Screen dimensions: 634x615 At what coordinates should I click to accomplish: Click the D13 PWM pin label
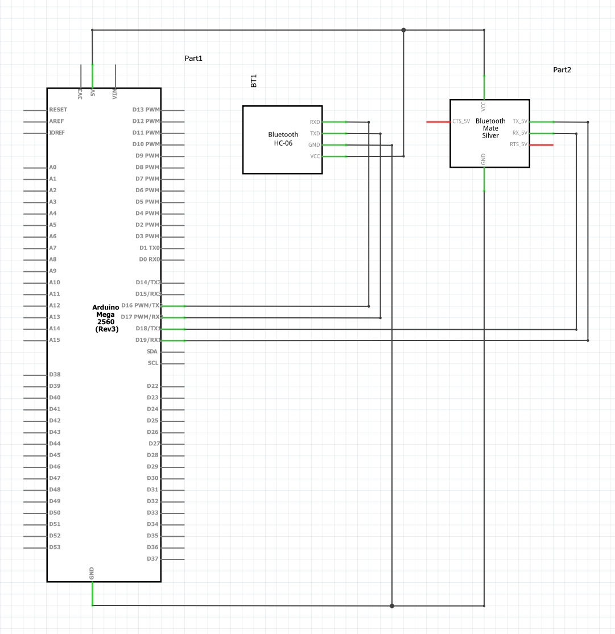click(x=146, y=110)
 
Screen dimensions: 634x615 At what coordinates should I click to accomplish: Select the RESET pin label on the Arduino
click(x=58, y=110)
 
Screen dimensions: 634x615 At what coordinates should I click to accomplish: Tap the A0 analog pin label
click(x=53, y=167)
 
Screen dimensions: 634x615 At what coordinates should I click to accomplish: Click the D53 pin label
click(x=55, y=547)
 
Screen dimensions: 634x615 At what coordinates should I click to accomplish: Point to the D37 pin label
click(x=152, y=558)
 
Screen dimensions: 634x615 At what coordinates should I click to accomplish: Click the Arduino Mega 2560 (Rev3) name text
click(x=105, y=318)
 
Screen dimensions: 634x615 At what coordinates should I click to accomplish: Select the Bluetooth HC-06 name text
click(x=283, y=139)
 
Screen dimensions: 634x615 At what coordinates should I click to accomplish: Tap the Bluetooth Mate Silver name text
click(x=490, y=129)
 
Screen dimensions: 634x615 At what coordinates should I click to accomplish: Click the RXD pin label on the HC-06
click(x=315, y=122)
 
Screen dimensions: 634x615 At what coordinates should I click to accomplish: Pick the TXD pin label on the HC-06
click(x=315, y=134)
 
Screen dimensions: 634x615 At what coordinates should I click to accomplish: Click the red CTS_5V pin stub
click(x=438, y=122)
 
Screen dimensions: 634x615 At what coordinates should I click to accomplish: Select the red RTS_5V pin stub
click(x=541, y=145)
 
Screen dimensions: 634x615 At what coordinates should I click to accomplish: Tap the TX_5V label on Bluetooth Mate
click(x=520, y=121)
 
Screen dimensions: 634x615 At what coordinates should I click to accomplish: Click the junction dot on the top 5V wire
click(x=403, y=30)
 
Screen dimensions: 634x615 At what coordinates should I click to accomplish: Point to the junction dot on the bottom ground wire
click(x=392, y=606)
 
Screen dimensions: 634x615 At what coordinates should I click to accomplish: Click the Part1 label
click(x=193, y=59)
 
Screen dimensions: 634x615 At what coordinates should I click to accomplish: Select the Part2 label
click(x=562, y=70)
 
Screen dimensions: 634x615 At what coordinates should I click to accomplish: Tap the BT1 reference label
click(x=254, y=81)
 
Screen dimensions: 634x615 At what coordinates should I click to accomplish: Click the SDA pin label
click(x=152, y=351)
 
